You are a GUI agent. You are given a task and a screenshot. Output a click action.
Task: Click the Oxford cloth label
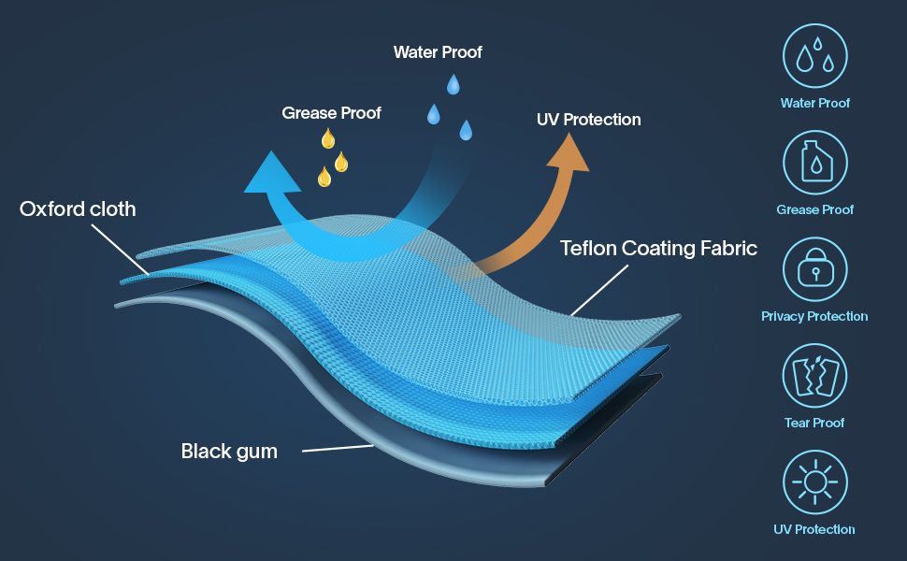[x=78, y=209]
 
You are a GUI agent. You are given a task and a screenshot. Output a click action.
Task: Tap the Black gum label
[x=229, y=452]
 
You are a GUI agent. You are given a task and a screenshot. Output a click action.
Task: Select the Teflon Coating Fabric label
[x=658, y=249]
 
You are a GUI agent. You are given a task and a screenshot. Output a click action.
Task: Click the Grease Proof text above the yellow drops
[x=331, y=113]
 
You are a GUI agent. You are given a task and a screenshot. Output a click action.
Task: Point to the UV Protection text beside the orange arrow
[x=588, y=120]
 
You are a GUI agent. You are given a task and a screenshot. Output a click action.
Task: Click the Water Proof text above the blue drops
[x=438, y=52]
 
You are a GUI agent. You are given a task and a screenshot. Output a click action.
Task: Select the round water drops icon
[x=814, y=56]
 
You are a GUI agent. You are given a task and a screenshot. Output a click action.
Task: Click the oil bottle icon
[x=814, y=163]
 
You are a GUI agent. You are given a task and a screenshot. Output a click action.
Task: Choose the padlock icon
[x=814, y=269]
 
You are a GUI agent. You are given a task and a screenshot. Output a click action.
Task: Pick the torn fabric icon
[x=814, y=376]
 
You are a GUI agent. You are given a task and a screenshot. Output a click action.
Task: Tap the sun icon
[x=814, y=482]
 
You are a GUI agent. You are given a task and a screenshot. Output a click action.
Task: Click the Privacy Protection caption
[x=814, y=316]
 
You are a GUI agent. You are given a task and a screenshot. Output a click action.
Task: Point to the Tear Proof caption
[x=814, y=423]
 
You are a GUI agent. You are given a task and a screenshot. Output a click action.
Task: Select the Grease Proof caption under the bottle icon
[x=814, y=209]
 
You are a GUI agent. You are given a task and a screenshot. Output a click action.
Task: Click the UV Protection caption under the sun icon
[x=814, y=529]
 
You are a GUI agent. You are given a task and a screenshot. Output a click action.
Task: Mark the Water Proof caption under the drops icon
[x=814, y=103]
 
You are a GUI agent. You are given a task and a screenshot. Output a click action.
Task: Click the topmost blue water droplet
[x=453, y=85]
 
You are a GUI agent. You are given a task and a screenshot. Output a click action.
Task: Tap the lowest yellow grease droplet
[x=324, y=176]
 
